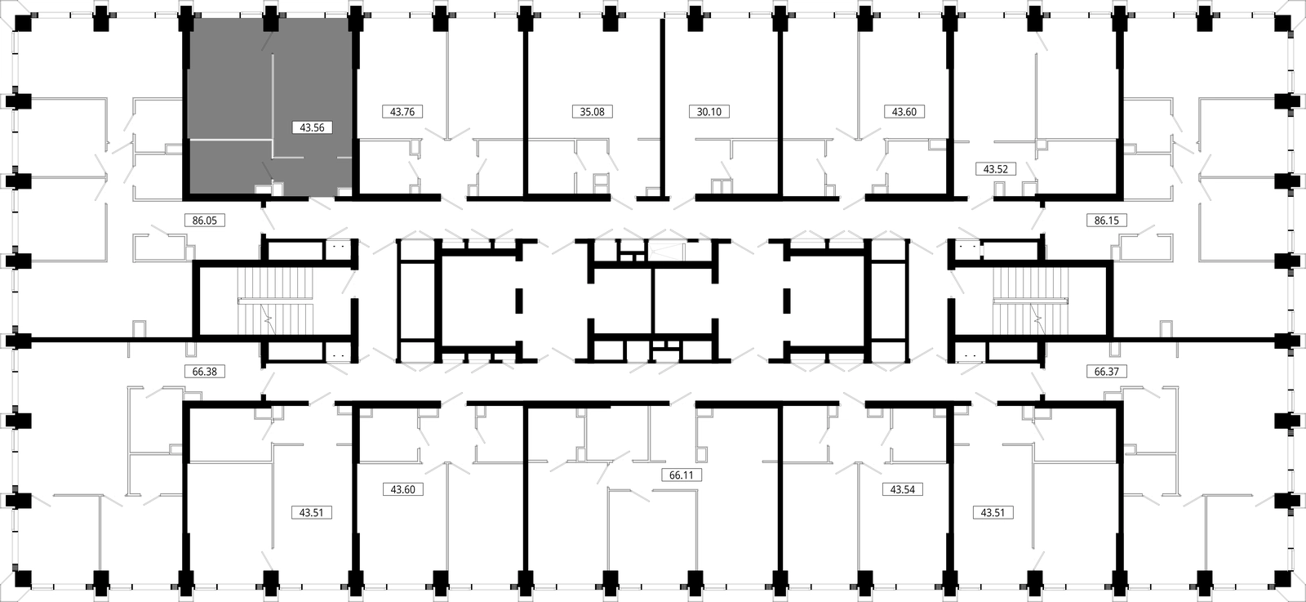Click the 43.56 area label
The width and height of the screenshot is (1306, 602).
(x=312, y=127)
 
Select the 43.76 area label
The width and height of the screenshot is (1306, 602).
(x=402, y=111)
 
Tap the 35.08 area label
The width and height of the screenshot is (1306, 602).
(x=593, y=111)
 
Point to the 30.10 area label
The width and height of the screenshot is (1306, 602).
(x=709, y=111)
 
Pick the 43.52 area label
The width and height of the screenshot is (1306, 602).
(x=996, y=169)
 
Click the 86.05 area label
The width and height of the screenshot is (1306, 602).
(x=205, y=221)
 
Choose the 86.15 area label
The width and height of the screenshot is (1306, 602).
(x=1107, y=221)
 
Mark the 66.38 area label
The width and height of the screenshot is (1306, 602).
(x=205, y=371)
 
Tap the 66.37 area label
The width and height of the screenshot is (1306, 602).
(x=1107, y=371)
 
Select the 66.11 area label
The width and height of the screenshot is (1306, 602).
(x=682, y=475)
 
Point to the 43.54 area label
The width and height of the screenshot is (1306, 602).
(x=903, y=489)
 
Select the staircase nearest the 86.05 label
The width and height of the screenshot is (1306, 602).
(x=275, y=301)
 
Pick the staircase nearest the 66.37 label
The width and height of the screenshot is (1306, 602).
(x=1031, y=301)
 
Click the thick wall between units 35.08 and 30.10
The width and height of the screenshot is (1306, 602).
(x=662, y=109)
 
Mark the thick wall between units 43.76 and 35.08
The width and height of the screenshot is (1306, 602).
(x=526, y=109)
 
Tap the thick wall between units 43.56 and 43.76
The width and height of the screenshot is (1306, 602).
(x=356, y=109)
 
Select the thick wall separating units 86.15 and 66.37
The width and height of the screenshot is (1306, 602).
(x=1195, y=339)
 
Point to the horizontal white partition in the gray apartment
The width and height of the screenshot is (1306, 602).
(x=231, y=140)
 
